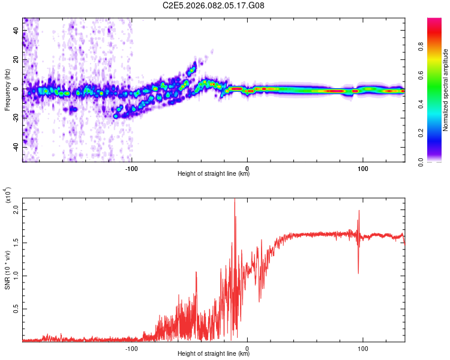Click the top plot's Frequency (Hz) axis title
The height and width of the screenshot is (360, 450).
(7, 89)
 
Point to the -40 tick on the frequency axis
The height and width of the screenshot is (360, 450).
(16, 146)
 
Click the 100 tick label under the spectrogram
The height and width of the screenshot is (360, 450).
(362, 167)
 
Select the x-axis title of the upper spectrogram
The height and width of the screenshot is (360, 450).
(214, 174)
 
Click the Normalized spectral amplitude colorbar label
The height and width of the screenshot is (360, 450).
(446, 90)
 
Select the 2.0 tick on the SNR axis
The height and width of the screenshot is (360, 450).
(16, 210)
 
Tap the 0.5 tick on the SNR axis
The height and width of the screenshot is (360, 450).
(16, 308)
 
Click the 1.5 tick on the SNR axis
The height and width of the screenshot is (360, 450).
(16, 243)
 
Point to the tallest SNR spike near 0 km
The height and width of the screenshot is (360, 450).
(235, 201)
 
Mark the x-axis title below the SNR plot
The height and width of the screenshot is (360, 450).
(214, 354)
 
